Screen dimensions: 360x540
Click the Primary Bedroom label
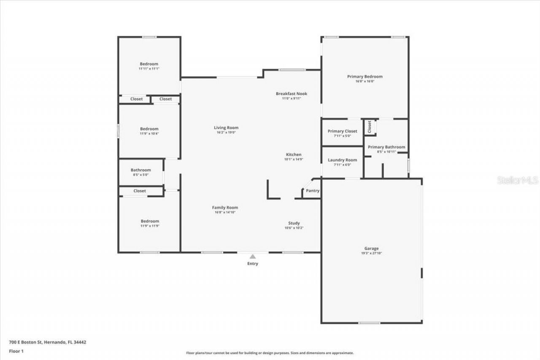[x=365, y=76]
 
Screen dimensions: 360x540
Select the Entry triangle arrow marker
[x=252, y=256]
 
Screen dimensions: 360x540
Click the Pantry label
[x=313, y=191]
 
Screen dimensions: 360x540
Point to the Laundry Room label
[x=342, y=160]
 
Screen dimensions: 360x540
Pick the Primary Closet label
[x=342, y=131]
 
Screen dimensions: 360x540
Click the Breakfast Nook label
[x=292, y=94]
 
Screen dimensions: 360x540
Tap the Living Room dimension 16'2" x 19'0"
[x=226, y=133]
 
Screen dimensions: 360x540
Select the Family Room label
[x=225, y=208]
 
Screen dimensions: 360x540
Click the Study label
[x=294, y=223]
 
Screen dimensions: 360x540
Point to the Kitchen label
[x=294, y=154]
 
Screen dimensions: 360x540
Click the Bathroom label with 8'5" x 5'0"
[x=140, y=170]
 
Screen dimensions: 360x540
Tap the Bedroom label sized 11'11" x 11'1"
[x=149, y=64]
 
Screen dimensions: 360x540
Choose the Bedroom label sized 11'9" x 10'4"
[x=149, y=129]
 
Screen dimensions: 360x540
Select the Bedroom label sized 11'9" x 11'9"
[x=150, y=221]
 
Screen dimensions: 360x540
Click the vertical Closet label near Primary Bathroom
[x=370, y=127]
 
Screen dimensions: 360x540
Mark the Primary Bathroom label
[x=386, y=147]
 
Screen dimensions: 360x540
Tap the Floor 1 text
[x=16, y=351]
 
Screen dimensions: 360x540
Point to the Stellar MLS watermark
[x=517, y=180]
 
